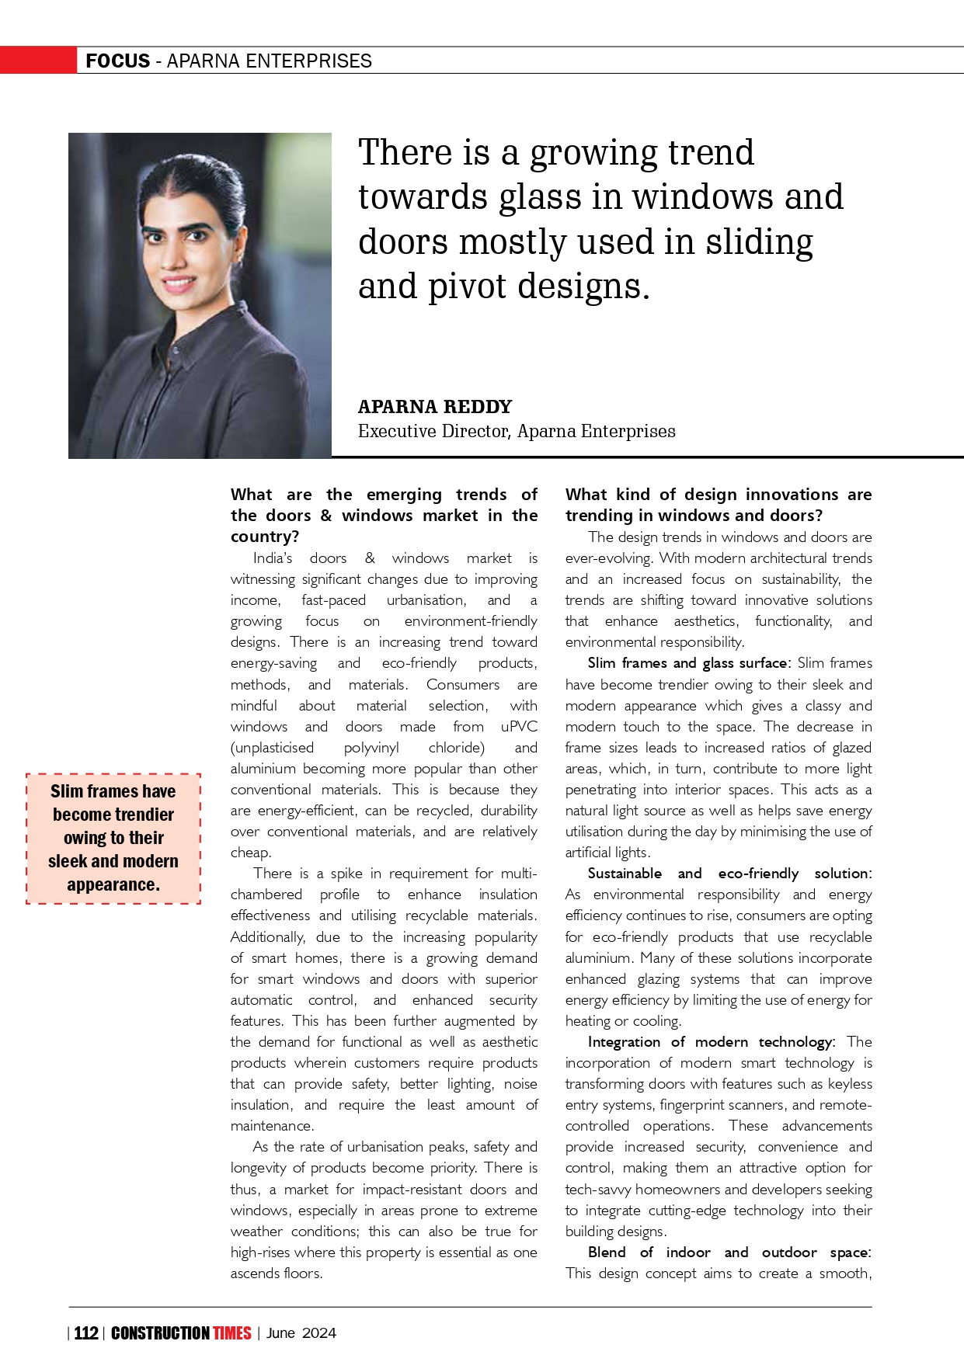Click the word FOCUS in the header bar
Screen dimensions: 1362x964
click(117, 61)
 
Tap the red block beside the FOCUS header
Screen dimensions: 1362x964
click(38, 61)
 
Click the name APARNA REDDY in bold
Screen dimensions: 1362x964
click(434, 407)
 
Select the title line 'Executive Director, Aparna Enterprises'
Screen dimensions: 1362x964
click(516, 432)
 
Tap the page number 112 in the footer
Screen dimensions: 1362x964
click(86, 1333)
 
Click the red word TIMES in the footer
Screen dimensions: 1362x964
click(232, 1333)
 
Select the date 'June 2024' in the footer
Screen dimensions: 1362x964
click(301, 1333)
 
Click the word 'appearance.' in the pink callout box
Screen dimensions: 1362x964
click(113, 884)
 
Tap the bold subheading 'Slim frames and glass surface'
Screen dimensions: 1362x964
click(687, 663)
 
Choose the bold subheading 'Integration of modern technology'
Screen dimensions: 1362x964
click(710, 1042)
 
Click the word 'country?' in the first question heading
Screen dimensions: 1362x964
click(265, 537)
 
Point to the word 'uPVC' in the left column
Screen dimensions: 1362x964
click(519, 727)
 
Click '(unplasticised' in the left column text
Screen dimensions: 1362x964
click(272, 748)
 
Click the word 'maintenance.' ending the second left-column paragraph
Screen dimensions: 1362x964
click(272, 1126)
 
